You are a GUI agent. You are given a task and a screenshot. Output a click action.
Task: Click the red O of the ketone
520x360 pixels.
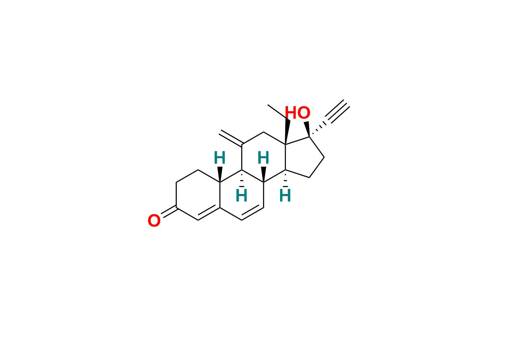click(154, 221)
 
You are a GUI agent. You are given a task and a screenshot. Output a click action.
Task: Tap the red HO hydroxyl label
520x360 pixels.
click(297, 113)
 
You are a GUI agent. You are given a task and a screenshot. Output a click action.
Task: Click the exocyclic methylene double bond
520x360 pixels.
click(231, 138)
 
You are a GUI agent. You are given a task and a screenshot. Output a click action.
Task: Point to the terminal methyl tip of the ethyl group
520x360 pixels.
click(268, 105)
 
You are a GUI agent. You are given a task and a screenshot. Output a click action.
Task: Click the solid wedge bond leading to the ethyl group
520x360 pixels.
click(286, 132)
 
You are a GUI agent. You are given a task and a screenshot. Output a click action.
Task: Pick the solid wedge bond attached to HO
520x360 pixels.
click(307, 129)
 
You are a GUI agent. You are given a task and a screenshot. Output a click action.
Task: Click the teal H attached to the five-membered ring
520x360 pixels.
click(285, 196)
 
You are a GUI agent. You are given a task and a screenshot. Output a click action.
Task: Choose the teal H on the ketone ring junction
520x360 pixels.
click(220, 158)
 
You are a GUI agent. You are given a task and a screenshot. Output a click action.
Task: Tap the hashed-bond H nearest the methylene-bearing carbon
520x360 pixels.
click(242, 196)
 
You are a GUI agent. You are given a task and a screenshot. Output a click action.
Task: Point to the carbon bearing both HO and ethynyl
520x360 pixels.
click(310, 137)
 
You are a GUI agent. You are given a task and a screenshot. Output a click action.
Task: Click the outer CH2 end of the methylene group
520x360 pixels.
click(220, 132)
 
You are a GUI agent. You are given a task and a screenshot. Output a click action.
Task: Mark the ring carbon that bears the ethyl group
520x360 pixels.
click(286, 145)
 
